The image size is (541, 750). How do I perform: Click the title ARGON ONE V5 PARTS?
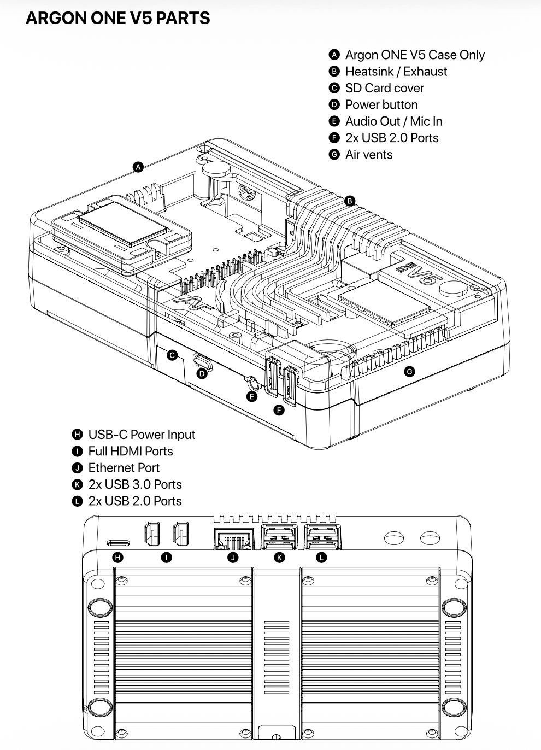pyautogui.click(x=117, y=18)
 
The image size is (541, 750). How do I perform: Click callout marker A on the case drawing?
pyautogui.click(x=138, y=167)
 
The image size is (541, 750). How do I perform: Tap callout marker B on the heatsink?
pyautogui.click(x=350, y=201)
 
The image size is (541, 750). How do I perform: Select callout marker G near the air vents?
pyautogui.click(x=409, y=372)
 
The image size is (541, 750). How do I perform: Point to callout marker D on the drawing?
pyautogui.click(x=202, y=374)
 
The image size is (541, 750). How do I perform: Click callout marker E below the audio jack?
pyautogui.click(x=252, y=396)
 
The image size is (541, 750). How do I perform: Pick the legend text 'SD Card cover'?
pyautogui.click(x=384, y=88)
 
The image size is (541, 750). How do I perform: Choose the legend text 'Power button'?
pyautogui.click(x=381, y=105)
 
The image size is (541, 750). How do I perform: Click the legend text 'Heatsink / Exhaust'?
pyautogui.click(x=396, y=72)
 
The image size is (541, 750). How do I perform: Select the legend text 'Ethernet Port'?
pyautogui.click(x=124, y=468)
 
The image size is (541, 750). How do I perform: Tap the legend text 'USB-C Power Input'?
pyautogui.click(x=142, y=435)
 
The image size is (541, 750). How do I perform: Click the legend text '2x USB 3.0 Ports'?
pyautogui.click(x=135, y=484)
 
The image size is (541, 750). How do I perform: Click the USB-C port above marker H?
pyautogui.click(x=118, y=543)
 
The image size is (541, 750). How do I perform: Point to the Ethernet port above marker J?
pyautogui.click(x=233, y=540)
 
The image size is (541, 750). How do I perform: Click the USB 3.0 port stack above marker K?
pyautogui.click(x=280, y=537)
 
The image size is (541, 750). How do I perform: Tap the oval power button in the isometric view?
pyautogui.click(x=202, y=361)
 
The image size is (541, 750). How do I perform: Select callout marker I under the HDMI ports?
pyautogui.click(x=167, y=558)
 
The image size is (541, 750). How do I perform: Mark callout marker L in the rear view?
pyautogui.click(x=321, y=558)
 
